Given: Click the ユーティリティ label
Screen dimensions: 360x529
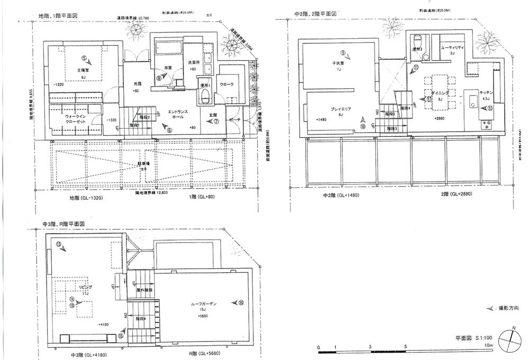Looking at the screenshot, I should (452, 48).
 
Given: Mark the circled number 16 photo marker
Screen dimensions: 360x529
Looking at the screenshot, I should (241, 303).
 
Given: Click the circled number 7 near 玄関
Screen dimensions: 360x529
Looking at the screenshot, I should (216, 121).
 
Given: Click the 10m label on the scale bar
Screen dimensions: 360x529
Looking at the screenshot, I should (488, 345).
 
